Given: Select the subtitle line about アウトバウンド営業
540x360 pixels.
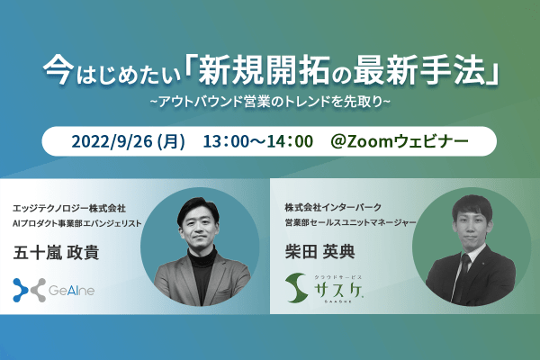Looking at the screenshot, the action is [270, 102].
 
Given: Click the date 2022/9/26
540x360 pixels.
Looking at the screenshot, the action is [112, 141].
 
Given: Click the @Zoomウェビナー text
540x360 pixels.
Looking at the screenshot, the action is [400, 141].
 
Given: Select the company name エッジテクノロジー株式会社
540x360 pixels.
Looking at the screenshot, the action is [69, 209].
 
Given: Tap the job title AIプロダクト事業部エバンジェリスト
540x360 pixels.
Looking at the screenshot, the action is [76, 223].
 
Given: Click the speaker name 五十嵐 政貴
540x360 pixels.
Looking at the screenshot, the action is [56, 252].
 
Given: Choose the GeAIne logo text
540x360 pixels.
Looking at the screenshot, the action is [72, 291].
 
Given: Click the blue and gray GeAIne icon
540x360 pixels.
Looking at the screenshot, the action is [30, 290].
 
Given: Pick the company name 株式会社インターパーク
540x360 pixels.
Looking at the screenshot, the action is [333, 207].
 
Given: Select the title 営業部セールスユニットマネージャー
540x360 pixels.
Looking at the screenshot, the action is [351, 222].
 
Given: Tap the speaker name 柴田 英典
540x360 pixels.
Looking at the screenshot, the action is [319, 251].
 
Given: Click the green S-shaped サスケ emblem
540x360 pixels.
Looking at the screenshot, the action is [296, 288].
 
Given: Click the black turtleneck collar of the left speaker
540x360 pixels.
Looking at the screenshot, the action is [202, 257].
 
